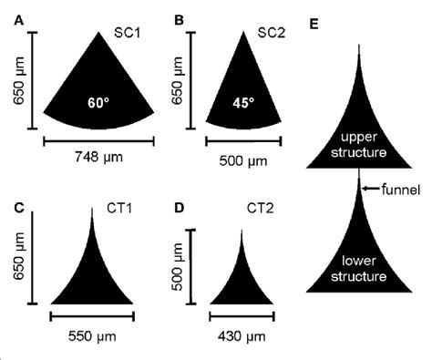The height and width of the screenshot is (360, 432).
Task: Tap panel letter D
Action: pos(180,207)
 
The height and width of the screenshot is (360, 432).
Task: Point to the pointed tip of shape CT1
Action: pos(93,211)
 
